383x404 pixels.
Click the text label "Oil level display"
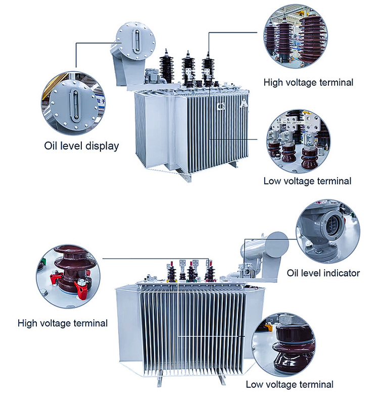81,146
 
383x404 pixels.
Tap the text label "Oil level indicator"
323,273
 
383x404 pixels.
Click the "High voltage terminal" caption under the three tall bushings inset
308,82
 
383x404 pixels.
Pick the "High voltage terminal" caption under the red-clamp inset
63,323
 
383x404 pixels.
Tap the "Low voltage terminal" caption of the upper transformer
307,181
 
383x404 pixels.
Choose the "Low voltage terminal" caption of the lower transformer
290,384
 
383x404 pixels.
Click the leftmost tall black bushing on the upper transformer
166,66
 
